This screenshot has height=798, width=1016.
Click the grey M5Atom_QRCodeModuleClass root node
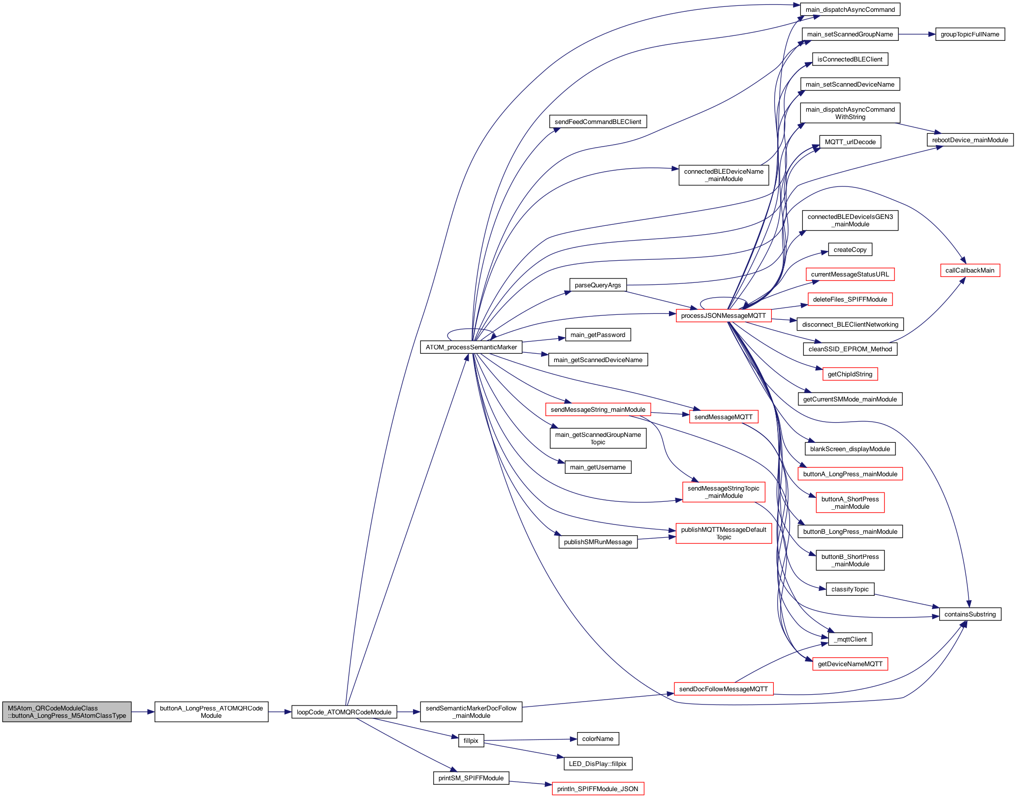coord(67,712)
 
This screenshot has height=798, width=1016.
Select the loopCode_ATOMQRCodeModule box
coord(344,712)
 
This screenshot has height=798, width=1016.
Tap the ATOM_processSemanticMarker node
coord(471,347)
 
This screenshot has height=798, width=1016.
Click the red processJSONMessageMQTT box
coord(723,316)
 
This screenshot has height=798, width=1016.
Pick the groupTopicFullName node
coord(970,34)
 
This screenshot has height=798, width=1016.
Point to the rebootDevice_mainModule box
coord(970,140)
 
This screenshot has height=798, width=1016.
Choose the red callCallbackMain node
coord(970,271)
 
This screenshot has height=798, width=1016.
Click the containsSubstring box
coord(970,614)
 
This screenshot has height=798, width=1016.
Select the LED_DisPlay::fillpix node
coord(598,764)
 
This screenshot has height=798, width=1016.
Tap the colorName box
coord(598,739)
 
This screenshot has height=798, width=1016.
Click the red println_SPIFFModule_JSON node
coord(598,789)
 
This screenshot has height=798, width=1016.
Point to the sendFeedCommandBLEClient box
coord(598,122)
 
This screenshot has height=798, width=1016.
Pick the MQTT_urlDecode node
coord(850,142)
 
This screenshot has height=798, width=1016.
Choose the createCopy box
coord(850,250)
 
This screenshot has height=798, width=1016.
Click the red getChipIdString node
coord(850,374)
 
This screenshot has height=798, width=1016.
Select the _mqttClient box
coord(850,640)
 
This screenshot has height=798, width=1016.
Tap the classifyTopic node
coord(850,589)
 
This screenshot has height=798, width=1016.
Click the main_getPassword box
coord(598,335)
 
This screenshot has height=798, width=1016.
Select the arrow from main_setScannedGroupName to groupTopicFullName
coord(917,34)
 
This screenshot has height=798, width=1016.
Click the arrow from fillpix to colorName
coord(531,740)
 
